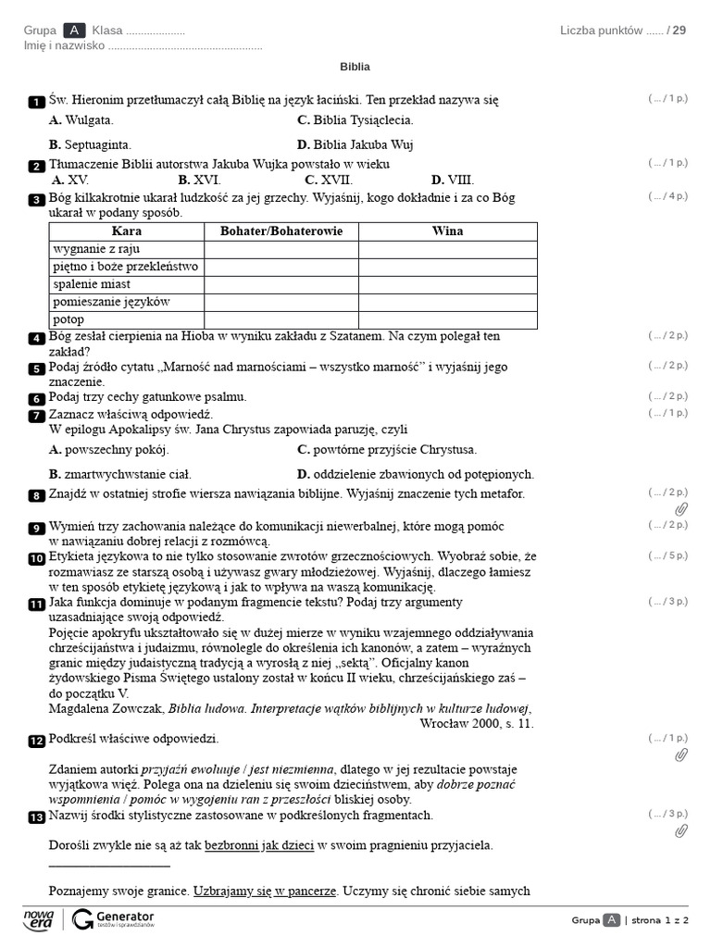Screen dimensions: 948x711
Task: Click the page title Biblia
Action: tap(355, 67)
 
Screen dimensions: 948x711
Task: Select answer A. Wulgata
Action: tap(81, 120)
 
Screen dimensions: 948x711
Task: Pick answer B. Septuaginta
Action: tap(90, 144)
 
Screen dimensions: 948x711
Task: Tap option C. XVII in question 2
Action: tap(329, 180)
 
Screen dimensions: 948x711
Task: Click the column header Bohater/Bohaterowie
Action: tap(281, 231)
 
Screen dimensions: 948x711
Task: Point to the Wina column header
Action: tap(447, 231)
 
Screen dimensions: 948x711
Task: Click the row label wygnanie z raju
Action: tap(91, 249)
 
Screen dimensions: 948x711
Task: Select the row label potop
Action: tap(69, 319)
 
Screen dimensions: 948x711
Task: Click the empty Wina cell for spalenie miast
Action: tap(447, 284)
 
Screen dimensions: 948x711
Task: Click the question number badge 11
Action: tap(36, 605)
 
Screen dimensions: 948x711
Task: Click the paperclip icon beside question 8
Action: tap(681, 509)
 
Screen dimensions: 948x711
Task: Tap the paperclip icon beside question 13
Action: tap(681, 830)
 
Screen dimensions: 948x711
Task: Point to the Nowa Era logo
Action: tap(38, 918)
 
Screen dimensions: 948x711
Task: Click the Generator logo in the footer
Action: tap(113, 918)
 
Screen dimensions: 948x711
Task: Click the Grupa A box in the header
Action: tap(74, 31)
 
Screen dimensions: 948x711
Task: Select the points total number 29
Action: tap(680, 31)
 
